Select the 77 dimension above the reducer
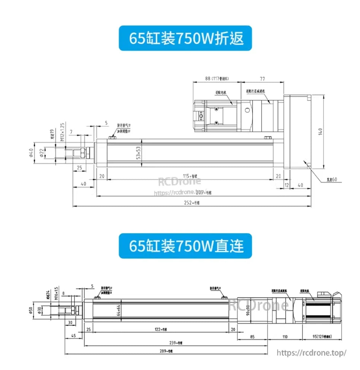262,79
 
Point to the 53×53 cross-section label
138,153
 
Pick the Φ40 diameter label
31,153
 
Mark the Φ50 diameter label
31,310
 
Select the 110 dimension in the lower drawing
285,336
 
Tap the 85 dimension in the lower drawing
252,336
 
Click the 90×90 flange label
248,310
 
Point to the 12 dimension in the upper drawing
286,185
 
